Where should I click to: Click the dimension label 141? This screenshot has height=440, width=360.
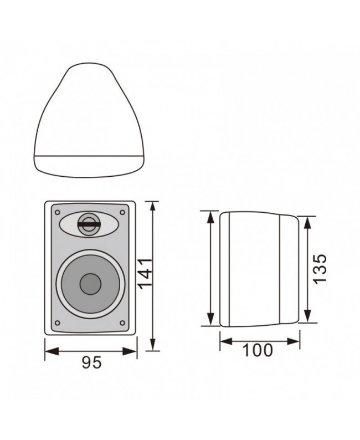(145, 273)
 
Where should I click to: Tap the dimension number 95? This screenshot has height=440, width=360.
(92, 362)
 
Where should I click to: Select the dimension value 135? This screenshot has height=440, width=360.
(320, 269)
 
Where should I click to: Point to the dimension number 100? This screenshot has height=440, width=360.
(258, 350)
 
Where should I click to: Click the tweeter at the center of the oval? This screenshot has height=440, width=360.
(88, 224)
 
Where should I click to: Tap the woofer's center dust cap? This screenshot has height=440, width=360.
(90, 284)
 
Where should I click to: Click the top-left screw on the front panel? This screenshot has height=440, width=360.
(57, 212)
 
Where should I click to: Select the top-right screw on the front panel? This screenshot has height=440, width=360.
(122, 212)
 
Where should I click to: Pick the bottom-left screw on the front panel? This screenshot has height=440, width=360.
(57, 323)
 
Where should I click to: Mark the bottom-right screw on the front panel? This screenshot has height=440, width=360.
(122, 323)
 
